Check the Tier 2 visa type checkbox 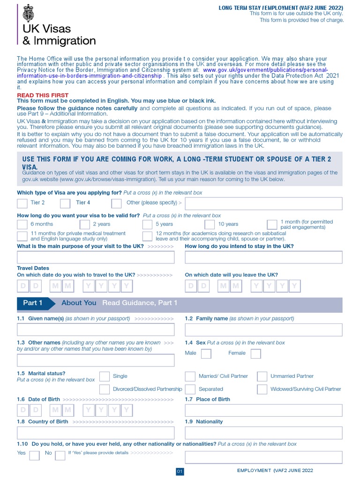click(22, 203)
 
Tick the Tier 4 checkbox click(65, 203)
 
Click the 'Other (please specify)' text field click(263, 203)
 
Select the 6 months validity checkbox click(22, 225)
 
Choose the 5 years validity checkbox click(147, 225)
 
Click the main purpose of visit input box click(96, 257)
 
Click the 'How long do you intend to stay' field click(263, 257)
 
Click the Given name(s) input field click(96, 330)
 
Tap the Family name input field click(263, 330)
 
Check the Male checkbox click(206, 353)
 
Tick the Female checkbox click(255, 353)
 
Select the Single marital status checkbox click(105, 376)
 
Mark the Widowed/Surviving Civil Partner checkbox click(262, 389)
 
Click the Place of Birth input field click(263, 411)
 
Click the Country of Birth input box click(96, 433)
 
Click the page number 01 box click(180, 471)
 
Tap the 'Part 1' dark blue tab click(33, 303)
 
